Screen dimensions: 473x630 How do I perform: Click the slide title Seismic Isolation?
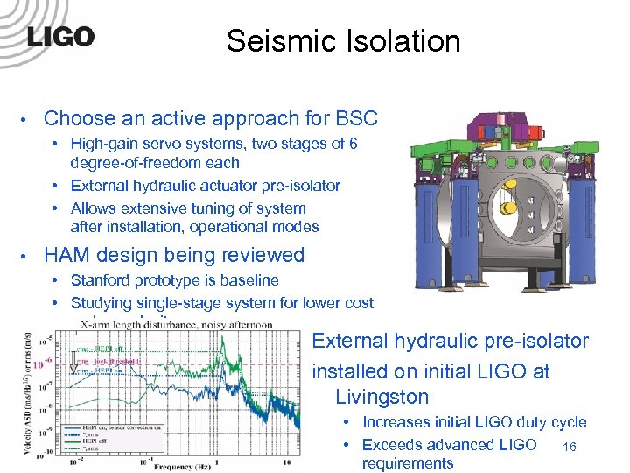tap(343, 40)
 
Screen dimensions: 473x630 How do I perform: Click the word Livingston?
tap(381, 397)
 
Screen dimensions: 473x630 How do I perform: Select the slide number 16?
tap(570, 447)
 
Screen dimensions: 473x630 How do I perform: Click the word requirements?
tap(407, 463)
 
